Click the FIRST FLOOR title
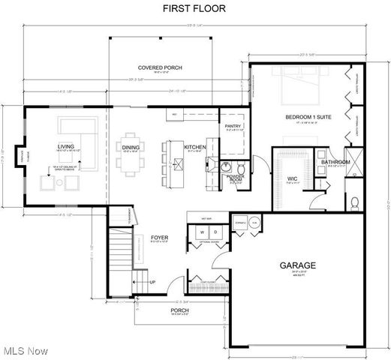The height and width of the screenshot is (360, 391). point(195,8)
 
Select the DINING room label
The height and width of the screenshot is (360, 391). point(131,147)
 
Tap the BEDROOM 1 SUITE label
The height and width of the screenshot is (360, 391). point(308,118)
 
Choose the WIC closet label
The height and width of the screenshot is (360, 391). point(293,178)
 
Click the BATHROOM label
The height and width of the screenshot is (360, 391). point(335,162)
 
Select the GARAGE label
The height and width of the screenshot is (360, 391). point(298,265)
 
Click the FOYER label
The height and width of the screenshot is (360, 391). point(158,238)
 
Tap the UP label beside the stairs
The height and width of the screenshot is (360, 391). point(153,283)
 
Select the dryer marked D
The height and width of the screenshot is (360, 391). point(212,232)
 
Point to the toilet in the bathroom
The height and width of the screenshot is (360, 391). point(356,201)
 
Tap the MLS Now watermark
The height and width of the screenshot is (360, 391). point(25,350)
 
